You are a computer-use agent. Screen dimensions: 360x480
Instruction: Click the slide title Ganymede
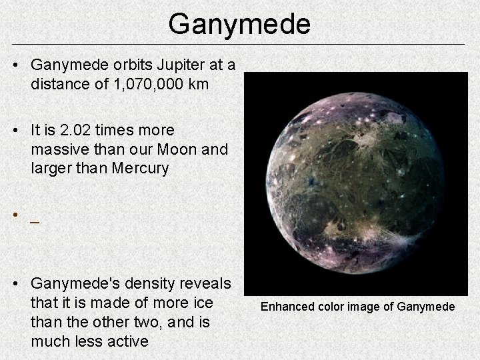point(239,24)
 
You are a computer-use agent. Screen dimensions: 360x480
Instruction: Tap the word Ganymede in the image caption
point(426,307)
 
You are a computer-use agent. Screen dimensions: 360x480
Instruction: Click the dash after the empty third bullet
point(35,219)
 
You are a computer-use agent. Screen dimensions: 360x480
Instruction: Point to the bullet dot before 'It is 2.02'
point(15,129)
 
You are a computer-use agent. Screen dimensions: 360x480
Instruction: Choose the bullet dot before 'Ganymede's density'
point(15,285)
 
